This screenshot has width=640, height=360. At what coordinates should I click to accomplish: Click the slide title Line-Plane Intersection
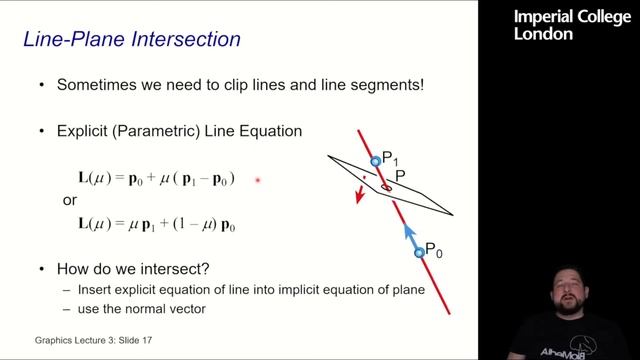click(x=131, y=40)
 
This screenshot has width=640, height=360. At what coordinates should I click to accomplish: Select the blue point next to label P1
click(x=376, y=161)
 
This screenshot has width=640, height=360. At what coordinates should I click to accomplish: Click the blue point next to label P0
click(x=420, y=253)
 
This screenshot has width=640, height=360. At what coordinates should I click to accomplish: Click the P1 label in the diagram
click(x=390, y=157)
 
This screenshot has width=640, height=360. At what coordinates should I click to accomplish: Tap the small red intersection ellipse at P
click(x=386, y=186)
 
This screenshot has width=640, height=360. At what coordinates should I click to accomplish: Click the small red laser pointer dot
click(x=258, y=180)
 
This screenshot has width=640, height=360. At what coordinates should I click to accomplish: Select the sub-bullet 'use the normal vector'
click(x=142, y=309)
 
